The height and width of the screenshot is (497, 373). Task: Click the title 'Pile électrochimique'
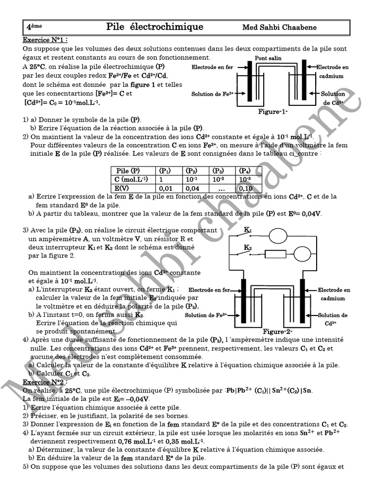(x=154, y=27)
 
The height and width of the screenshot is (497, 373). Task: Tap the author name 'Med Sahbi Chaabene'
(x=279, y=27)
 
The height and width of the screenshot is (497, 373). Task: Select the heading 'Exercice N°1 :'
(x=45, y=40)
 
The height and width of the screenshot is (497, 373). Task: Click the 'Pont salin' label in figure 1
(x=268, y=58)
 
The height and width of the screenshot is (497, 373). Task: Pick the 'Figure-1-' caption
(x=273, y=112)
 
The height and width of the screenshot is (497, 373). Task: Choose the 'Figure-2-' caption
(x=277, y=331)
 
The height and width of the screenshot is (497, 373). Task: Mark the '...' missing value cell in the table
(x=222, y=188)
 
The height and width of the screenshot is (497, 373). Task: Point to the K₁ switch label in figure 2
(x=248, y=230)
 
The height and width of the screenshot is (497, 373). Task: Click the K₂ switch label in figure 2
(x=248, y=248)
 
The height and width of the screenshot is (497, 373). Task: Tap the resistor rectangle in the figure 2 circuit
(x=275, y=254)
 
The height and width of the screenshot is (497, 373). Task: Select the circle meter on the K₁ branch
(x=278, y=236)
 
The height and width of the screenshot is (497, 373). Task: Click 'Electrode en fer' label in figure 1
(x=212, y=67)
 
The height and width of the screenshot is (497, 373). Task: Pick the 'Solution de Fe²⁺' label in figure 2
(x=206, y=315)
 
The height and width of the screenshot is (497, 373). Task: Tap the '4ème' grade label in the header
(x=34, y=27)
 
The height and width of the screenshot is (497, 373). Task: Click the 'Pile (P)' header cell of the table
(x=128, y=171)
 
